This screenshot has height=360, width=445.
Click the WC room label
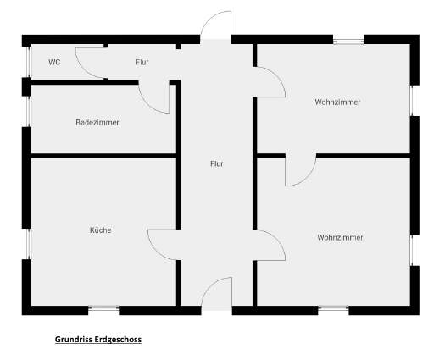[x=54, y=62]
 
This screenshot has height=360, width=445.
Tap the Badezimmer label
[x=97, y=123]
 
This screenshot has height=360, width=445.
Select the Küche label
[x=101, y=230]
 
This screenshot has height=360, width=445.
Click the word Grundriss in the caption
[x=74, y=340]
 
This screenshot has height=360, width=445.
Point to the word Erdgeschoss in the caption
[x=118, y=340]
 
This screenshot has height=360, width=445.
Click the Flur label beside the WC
[x=142, y=62]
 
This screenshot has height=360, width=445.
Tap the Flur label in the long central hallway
[x=216, y=164]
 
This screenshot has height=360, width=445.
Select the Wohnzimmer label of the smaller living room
[x=337, y=102]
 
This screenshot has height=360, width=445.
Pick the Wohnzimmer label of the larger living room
[x=340, y=237]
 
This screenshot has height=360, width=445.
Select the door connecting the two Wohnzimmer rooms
[x=308, y=177]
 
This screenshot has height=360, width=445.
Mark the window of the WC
[x=28, y=62]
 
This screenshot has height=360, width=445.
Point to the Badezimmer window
[x=28, y=112]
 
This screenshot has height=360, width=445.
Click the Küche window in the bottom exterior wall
[x=103, y=308]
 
